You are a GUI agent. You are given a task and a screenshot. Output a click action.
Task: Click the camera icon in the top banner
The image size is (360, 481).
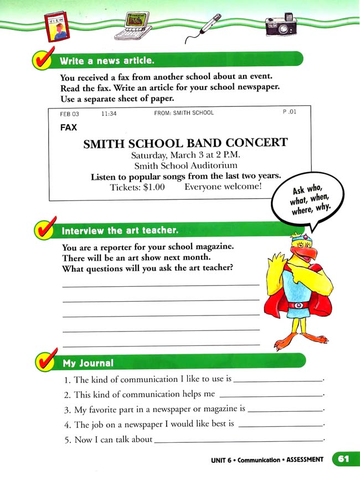pos(281,24)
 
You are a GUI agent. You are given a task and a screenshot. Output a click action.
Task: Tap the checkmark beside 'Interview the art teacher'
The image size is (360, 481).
pos(45,230)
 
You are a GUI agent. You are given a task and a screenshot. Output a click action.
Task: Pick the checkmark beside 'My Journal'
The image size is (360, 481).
pos(45,362)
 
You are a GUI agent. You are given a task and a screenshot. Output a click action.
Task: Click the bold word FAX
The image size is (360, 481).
pos(68,127)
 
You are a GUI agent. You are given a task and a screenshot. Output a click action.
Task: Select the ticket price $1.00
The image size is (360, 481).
pos(153,187)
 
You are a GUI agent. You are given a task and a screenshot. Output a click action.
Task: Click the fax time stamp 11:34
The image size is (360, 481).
pos(109,113)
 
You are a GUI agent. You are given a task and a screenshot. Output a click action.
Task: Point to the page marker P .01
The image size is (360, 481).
pos(290,112)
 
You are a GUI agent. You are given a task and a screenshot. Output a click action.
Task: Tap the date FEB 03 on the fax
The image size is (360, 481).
pos(70,113)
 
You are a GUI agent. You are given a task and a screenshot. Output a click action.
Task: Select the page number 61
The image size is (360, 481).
pos(343,459)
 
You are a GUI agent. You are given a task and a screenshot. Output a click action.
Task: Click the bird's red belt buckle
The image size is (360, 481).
pos(299,305)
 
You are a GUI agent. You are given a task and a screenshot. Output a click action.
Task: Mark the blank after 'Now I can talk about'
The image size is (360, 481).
pos(238,439)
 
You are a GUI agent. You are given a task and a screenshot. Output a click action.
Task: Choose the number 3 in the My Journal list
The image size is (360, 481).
pos(66,410)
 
